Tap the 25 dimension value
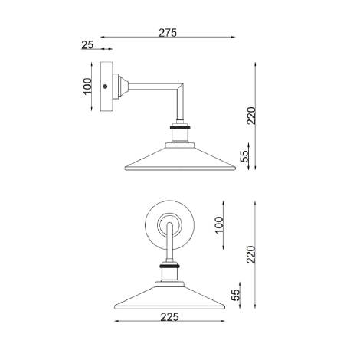[x=87, y=46]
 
